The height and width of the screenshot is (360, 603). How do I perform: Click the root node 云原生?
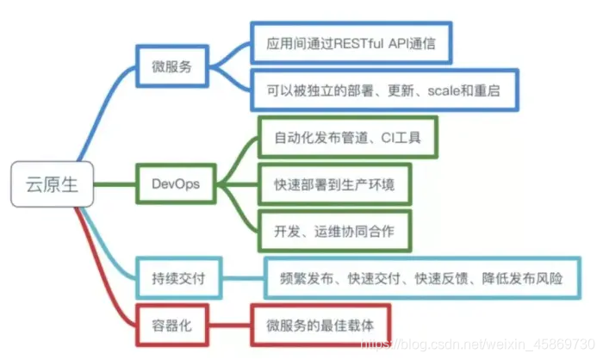click(x=49, y=183)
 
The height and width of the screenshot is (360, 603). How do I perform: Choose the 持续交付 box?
click(x=172, y=278)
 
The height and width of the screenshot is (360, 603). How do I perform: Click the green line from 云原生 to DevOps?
click(x=116, y=183)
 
